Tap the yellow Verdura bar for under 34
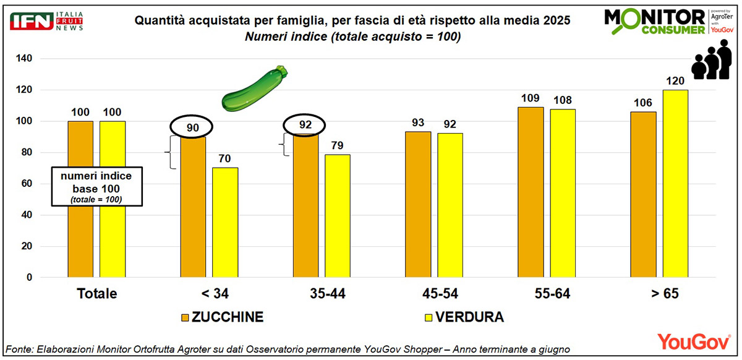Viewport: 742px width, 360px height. coord(225,223)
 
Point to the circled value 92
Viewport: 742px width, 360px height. coord(305,126)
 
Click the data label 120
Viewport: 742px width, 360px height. coord(675,81)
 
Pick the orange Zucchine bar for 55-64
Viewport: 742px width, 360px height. coord(531,192)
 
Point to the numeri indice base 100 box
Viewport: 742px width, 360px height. coord(96,186)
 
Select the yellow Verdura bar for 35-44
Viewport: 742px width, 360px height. coord(337,216)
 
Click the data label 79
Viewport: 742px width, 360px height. coord(337,145)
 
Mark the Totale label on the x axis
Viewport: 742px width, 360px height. coord(96,293)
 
